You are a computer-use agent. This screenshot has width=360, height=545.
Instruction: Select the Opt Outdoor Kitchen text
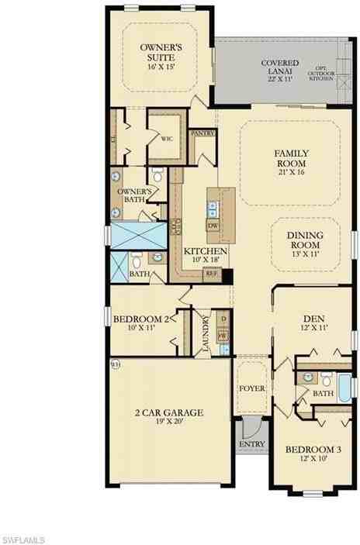322,72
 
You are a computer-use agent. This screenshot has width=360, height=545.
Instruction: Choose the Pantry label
202,133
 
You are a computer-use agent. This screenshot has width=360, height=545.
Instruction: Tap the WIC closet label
167,140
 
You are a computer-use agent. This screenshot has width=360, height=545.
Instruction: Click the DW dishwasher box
213,225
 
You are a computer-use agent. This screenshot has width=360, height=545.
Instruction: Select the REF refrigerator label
211,273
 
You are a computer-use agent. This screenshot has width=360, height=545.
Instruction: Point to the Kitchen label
205,252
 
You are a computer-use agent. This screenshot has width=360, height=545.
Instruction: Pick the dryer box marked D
223,319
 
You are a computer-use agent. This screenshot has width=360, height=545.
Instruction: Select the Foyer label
251,388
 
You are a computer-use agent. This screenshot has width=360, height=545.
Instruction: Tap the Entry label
253,443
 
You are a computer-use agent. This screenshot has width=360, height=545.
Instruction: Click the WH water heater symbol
115,363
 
